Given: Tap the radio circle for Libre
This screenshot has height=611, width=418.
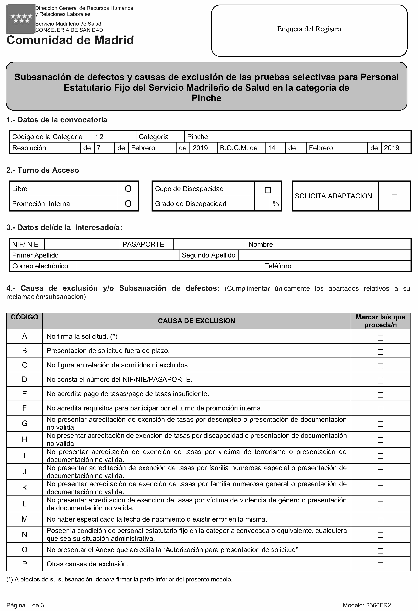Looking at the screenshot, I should pyautogui.click(x=128, y=189).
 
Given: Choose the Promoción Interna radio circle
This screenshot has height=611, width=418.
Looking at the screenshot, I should pyautogui.click(x=128, y=204).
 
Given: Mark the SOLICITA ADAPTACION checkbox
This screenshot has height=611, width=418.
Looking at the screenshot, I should pyautogui.click(x=394, y=197).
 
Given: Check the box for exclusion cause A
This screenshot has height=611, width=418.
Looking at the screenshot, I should pyautogui.click(x=380, y=338).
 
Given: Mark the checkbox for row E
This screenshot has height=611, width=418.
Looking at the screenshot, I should pyautogui.click(x=380, y=395).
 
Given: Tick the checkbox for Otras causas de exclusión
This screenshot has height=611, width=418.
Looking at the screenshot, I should pyautogui.click(x=380, y=565).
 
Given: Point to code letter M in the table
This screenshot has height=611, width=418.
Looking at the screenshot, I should pyautogui.click(x=24, y=519).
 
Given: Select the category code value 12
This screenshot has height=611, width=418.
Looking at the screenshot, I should pyautogui.click(x=100, y=137).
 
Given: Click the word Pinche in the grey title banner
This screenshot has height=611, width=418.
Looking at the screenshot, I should pyautogui.click(x=206, y=98).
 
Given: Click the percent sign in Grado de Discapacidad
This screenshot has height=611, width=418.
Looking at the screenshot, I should pyautogui.click(x=276, y=204).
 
